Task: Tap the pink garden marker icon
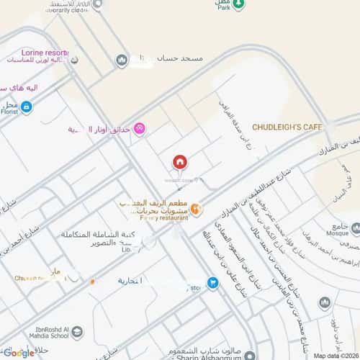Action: coord(139,128)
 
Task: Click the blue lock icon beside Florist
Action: coord(27,107)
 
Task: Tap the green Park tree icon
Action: coord(244,4)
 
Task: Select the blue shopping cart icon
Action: coord(212,283)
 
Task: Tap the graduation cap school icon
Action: coord(77,332)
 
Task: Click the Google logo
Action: coord(17,352)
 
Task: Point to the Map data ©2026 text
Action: coord(334,355)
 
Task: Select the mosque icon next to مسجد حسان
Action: coord(122,59)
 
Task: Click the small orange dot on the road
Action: coord(92,280)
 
